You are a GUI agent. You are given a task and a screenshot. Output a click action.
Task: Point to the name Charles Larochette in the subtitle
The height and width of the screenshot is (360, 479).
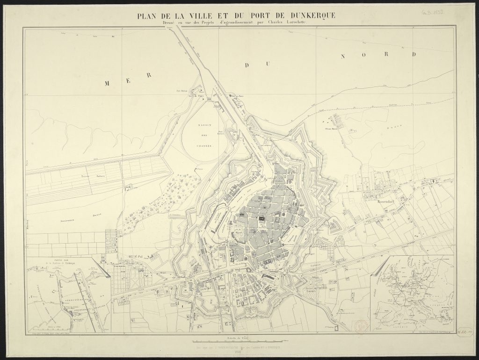[285, 23]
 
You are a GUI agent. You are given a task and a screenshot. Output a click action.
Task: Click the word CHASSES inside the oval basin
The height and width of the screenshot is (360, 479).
[204, 145]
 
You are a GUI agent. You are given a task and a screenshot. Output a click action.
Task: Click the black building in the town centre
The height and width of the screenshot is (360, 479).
[261, 218]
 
